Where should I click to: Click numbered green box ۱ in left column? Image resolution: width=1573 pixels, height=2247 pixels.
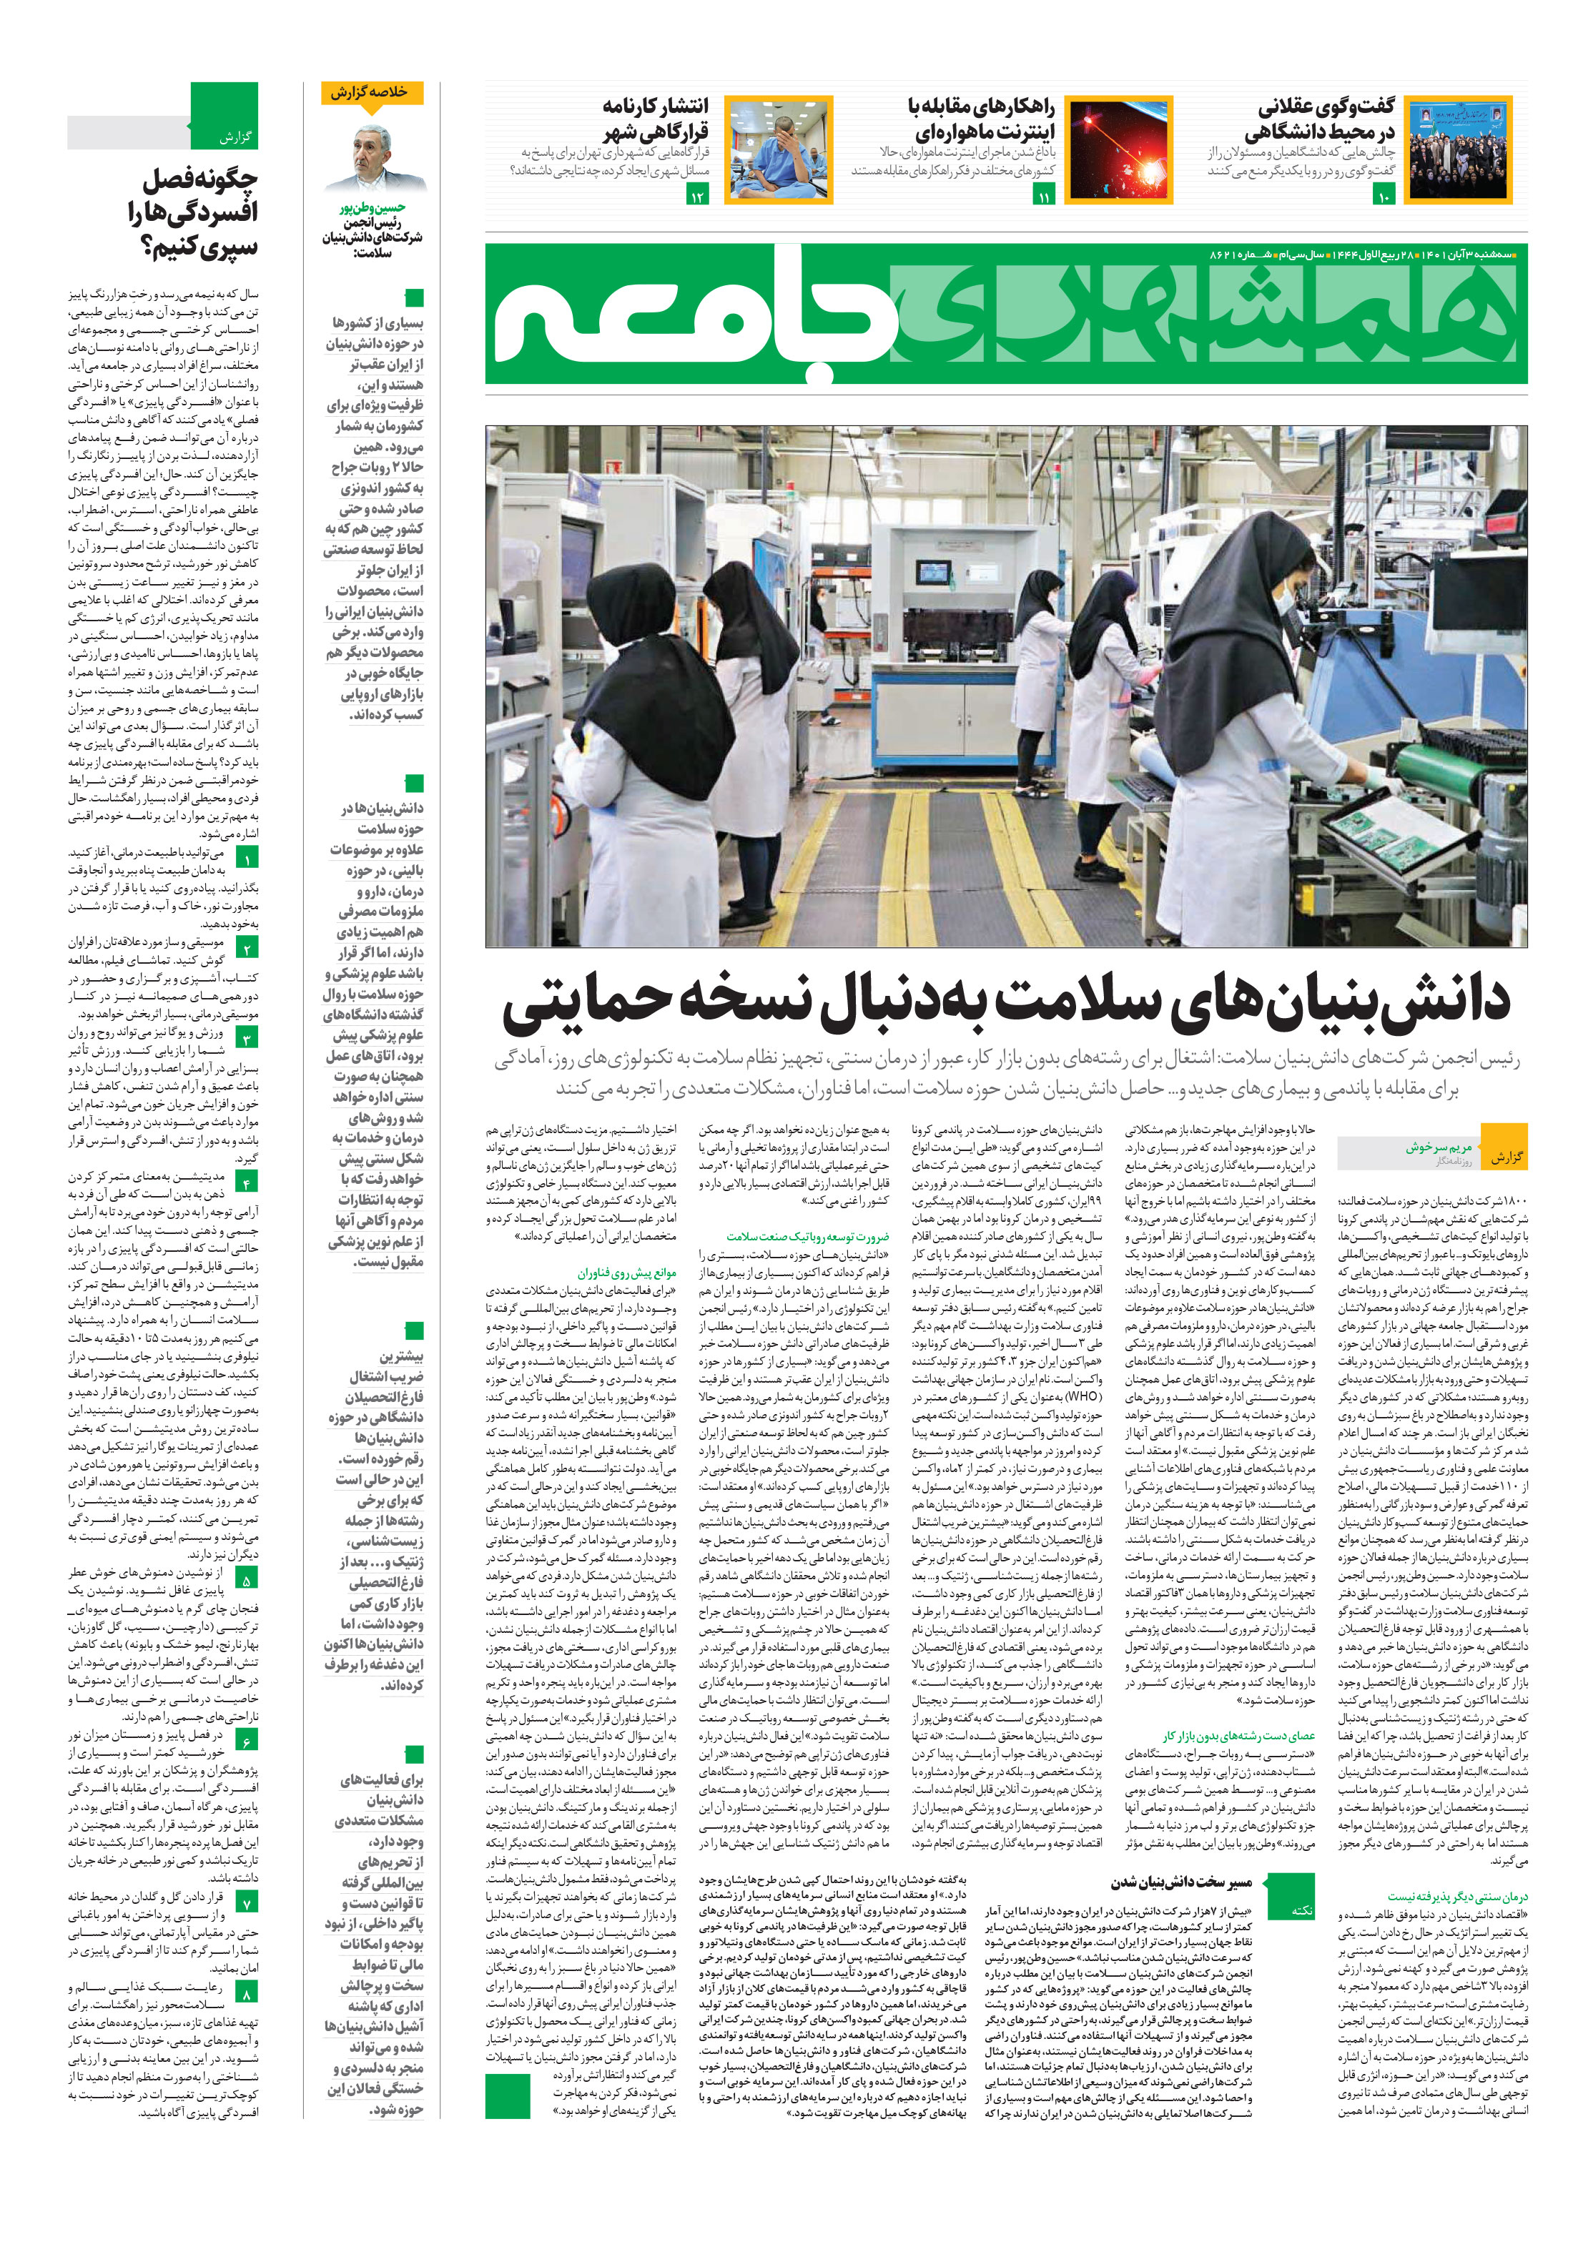point(247,859)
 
